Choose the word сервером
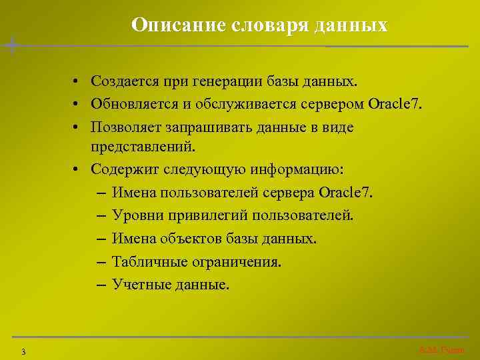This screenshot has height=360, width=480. (x=337, y=104)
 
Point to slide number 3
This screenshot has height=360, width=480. (x=23, y=351)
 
